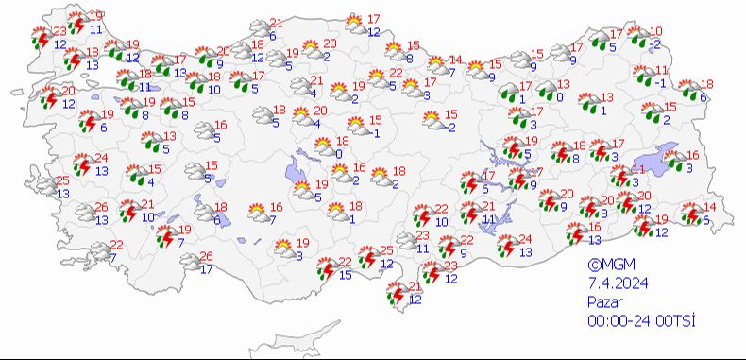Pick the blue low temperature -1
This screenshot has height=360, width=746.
[x=660, y=83]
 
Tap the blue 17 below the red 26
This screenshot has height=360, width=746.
[x=206, y=269]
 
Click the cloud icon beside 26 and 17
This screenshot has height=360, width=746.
[x=189, y=262]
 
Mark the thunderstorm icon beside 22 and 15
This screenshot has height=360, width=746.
[x=325, y=268]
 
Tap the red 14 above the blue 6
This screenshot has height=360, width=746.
[x=711, y=208]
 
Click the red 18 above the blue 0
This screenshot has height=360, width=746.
[x=342, y=141]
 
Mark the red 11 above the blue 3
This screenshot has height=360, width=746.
[x=638, y=169]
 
